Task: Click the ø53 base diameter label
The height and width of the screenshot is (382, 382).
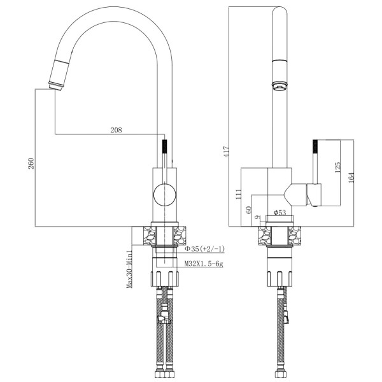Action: pyautogui.click(x=279, y=212)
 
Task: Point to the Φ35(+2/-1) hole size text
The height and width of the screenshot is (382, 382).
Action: pyautogui.click(x=204, y=248)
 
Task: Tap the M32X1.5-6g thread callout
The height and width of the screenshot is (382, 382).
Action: pyautogui.click(x=204, y=262)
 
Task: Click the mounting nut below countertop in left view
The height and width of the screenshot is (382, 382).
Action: pyautogui.click(x=165, y=278)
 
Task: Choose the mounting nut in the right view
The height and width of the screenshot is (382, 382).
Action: pyautogui.click(x=278, y=278)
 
